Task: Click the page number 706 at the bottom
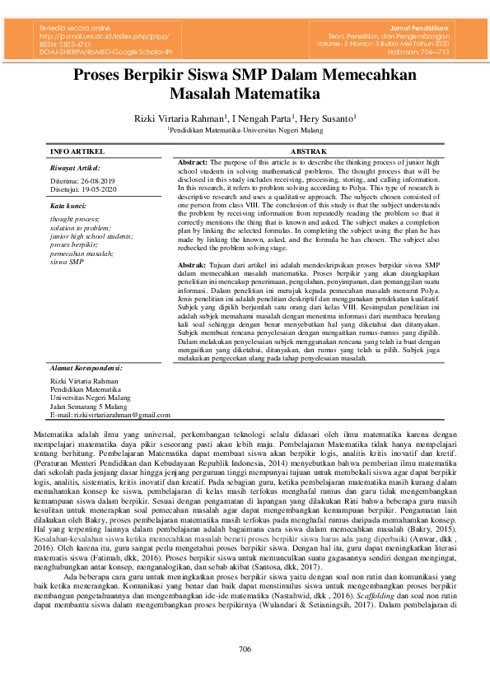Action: pyautogui.click(x=245, y=650)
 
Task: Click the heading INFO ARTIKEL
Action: pyautogui.click(x=77, y=152)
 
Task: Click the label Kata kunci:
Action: pyautogui.click(x=68, y=204)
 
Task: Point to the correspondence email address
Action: pyautogui.click(x=110, y=416)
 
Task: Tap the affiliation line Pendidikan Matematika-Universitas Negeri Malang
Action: pyautogui.click(x=245, y=130)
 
